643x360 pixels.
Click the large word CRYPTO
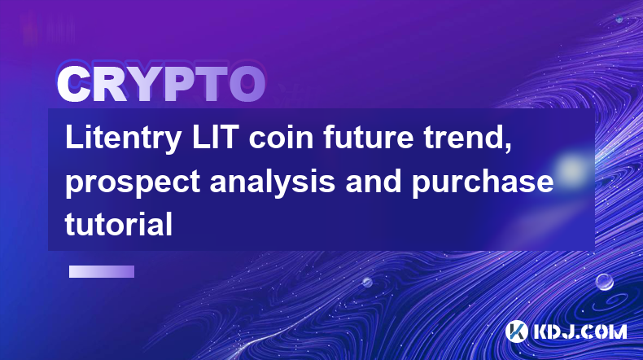click(x=162, y=84)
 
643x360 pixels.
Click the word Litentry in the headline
click(x=124, y=139)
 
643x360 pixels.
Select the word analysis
click(x=273, y=182)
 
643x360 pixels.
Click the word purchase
click(x=483, y=182)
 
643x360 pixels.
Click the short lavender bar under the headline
click(x=102, y=271)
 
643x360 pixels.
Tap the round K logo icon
click(x=516, y=331)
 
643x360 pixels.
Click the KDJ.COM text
click(x=580, y=331)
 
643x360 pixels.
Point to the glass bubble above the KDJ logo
click(x=605, y=282)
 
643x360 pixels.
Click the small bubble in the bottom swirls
click(x=367, y=282)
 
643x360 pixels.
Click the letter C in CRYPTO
click(x=73, y=84)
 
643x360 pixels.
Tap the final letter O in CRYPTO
click(x=247, y=84)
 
